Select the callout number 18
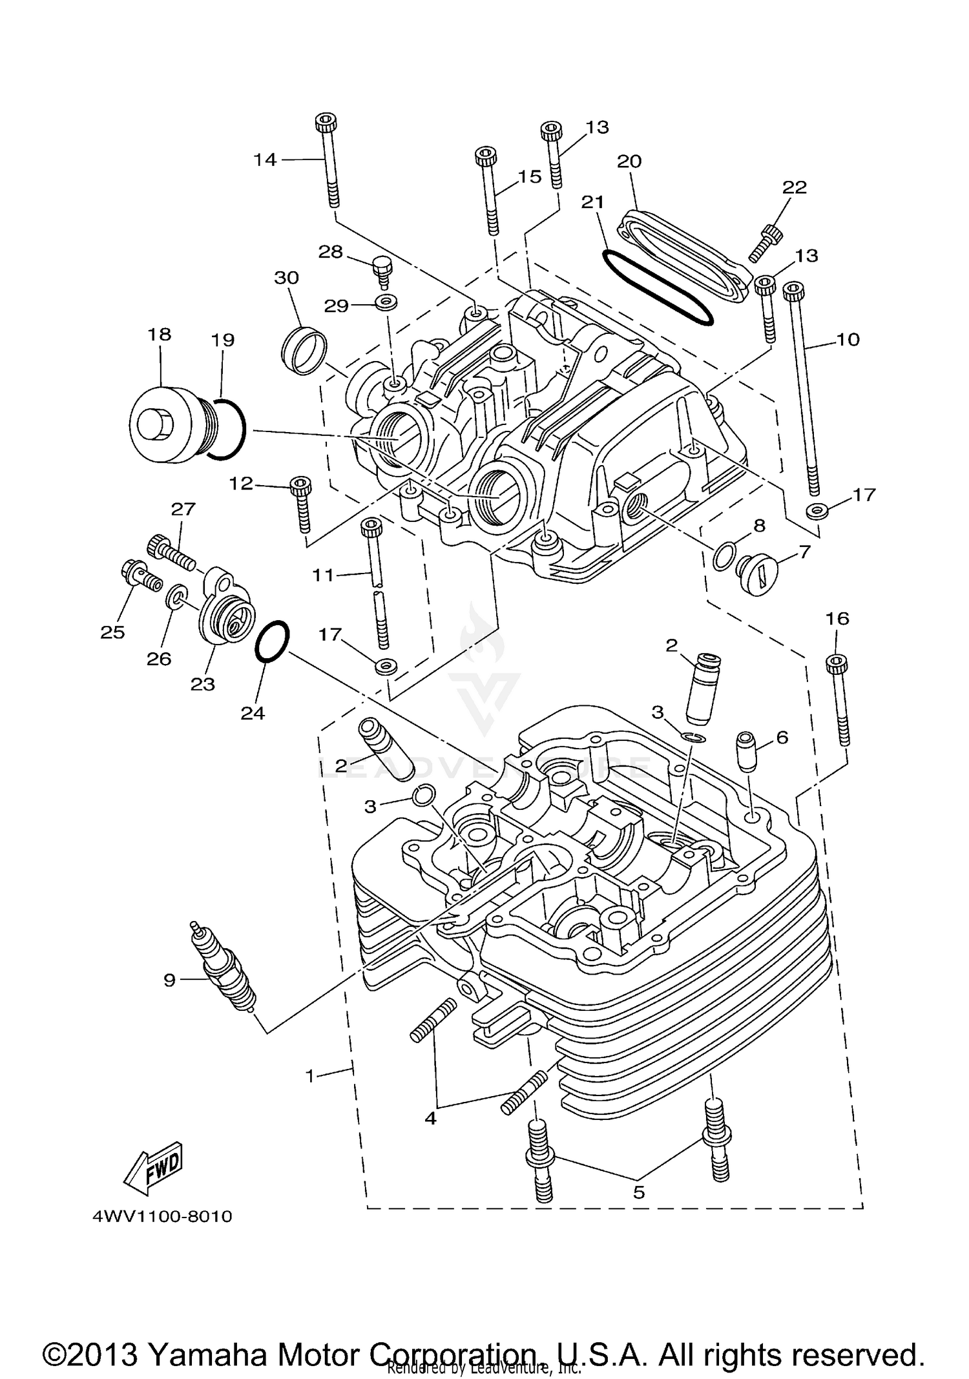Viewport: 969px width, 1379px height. pyautogui.click(x=160, y=334)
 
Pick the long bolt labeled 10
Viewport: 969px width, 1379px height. pyautogui.click(x=803, y=393)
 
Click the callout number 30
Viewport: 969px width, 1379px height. pyautogui.click(x=287, y=278)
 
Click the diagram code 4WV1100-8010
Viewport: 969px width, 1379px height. pyautogui.click(x=163, y=1217)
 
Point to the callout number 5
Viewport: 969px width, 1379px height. pyautogui.click(x=639, y=1192)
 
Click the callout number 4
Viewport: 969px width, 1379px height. pyautogui.click(x=430, y=1118)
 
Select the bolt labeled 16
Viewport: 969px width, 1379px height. pyautogui.click(x=839, y=700)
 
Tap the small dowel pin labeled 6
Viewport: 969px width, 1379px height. pyautogui.click(x=746, y=751)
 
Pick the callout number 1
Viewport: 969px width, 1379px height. pyautogui.click(x=310, y=1077)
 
